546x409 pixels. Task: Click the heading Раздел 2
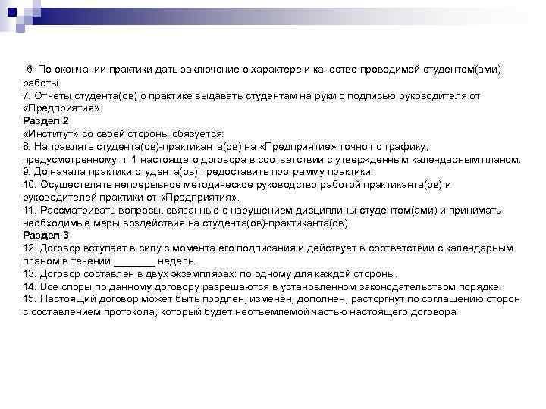pyautogui.click(x=45, y=120)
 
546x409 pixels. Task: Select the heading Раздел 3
pyautogui.click(x=45, y=236)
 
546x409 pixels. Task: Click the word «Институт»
pyautogui.click(x=49, y=133)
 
